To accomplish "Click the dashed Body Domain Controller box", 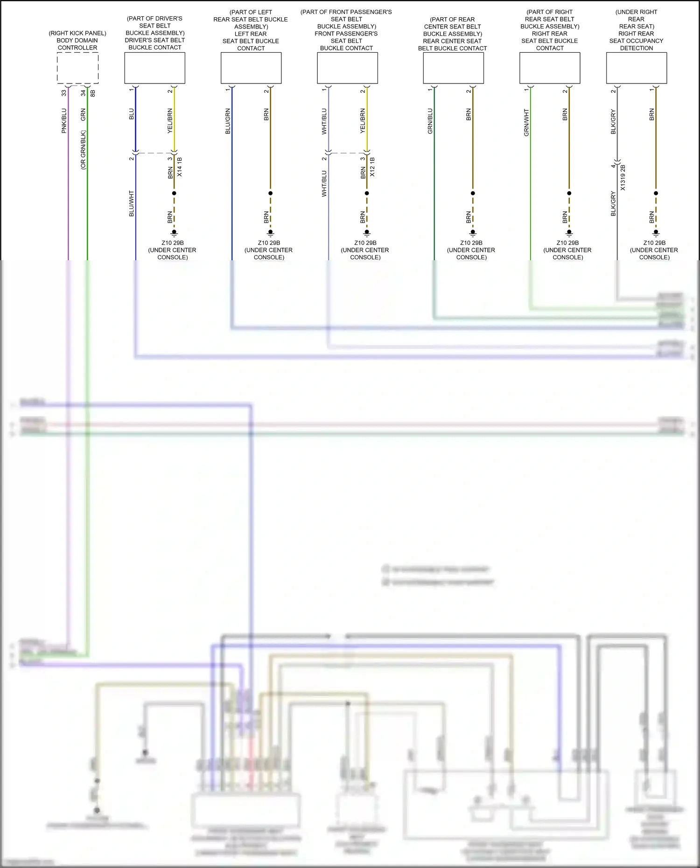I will (77, 68).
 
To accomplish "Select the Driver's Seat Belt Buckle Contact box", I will (154, 68).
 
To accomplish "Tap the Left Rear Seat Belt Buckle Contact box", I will (251, 68).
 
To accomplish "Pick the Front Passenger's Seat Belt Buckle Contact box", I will (347, 68).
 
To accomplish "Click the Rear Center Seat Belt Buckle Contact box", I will (453, 68).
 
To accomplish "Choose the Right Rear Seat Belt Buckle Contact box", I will (550, 68).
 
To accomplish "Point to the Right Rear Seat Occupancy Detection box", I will (636, 68).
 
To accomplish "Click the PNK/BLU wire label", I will (64, 121).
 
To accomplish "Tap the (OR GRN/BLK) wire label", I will (83, 150).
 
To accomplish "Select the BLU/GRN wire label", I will (228, 121).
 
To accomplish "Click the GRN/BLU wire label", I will (430, 121).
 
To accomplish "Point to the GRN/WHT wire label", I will (526, 123).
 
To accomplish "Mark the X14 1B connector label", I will (180, 167).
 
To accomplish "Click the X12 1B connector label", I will (372, 167).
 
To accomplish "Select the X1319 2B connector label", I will (623, 177).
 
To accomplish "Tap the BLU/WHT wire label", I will (132, 203).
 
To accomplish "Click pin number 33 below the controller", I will (64, 93).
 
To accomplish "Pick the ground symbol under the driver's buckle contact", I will (174, 233).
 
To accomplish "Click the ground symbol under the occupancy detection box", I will (656, 233).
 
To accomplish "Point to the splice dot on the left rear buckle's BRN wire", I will (270, 193).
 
